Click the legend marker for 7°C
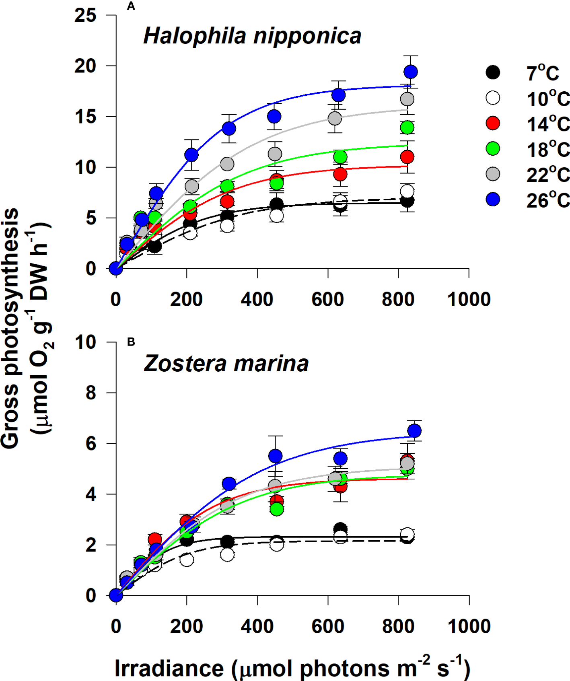(x=493, y=72)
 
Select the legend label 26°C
(x=548, y=200)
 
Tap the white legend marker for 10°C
(x=493, y=98)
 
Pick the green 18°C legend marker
(x=493, y=148)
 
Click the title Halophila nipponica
(x=252, y=36)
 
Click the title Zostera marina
(x=226, y=364)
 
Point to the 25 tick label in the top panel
(x=85, y=16)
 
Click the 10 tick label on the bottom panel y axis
(x=85, y=342)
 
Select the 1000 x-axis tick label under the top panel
(x=469, y=300)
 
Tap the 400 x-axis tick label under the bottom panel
(x=257, y=627)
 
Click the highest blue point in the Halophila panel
(x=411, y=72)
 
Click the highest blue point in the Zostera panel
(x=414, y=431)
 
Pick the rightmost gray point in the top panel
(x=407, y=99)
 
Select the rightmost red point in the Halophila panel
(x=407, y=157)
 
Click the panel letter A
(x=130, y=6)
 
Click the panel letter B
(x=131, y=342)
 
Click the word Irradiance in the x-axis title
(x=169, y=669)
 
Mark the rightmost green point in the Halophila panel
(x=407, y=128)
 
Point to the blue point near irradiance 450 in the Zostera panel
(x=276, y=456)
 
